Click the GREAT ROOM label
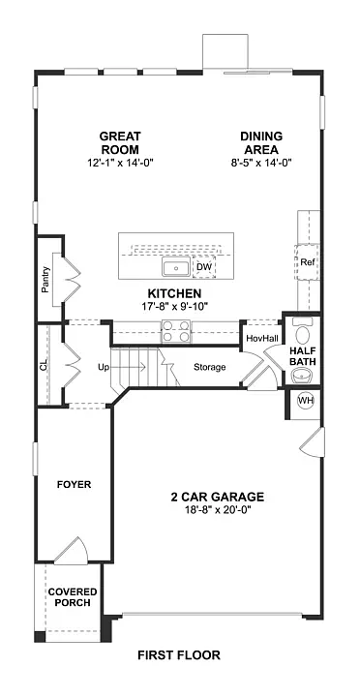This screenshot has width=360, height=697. [119, 142]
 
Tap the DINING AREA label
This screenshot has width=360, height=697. [261, 142]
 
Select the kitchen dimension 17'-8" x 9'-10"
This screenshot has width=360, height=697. [174, 306]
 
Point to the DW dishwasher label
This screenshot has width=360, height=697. [204, 267]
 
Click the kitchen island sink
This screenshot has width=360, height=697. [176, 268]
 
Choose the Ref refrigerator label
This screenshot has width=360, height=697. [307, 262]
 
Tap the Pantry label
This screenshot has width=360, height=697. [45, 278]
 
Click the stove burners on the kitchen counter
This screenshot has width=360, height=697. [176, 336]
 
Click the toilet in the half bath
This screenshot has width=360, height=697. [302, 332]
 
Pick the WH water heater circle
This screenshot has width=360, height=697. [306, 401]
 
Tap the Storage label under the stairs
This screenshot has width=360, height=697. [209, 367]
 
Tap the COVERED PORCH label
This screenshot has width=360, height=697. [72, 596]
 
